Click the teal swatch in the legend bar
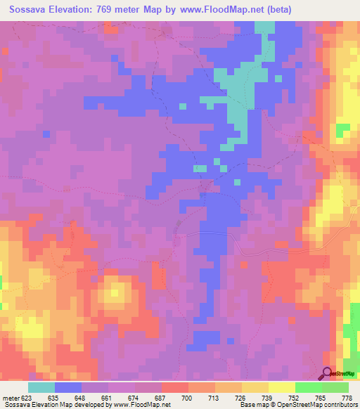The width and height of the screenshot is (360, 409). point(41,387)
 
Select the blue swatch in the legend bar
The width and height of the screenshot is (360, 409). point(68,387)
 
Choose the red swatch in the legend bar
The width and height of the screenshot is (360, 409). point(174,387)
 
